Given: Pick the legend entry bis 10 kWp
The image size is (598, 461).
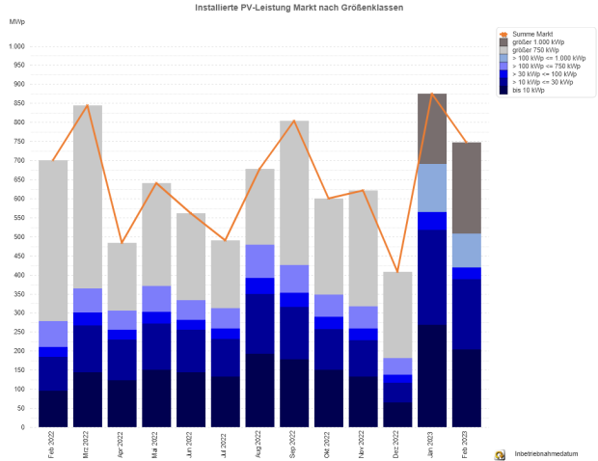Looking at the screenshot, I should coord(530,91).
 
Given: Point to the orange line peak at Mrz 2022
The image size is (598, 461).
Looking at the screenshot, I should coord(88,106).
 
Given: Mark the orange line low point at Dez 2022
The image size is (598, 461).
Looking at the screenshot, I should coord(397,272).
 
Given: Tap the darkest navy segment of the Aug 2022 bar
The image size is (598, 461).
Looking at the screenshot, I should coord(259,390).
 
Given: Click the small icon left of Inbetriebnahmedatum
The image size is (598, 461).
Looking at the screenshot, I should coord(500,453).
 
